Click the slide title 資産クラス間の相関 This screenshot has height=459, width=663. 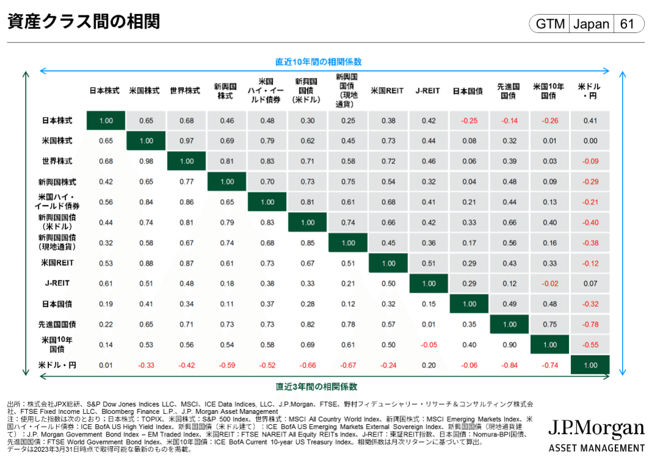coord(84,22)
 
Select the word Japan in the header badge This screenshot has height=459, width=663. coord(591,24)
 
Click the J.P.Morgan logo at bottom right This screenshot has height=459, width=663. coord(596,435)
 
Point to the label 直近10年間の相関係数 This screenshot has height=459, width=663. coord(318,62)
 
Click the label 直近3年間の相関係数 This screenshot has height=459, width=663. coord(316,386)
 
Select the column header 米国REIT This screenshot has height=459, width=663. coord(387,91)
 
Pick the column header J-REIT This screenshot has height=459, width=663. coord(428,91)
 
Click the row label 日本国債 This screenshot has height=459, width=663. coord(57,304)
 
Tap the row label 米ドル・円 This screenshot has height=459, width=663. coord(57,365)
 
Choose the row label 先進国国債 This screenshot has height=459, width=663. coord(57,324)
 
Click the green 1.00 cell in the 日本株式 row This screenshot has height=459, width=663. coord(106,121)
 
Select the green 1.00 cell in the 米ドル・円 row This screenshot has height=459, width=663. coord(590,365)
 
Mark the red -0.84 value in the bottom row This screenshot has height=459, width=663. coord(509,365)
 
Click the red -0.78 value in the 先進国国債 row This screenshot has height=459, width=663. coord(590,324)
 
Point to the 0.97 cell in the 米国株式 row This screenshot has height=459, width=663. coord(187,141)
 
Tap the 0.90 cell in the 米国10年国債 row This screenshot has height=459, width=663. coord(509,345)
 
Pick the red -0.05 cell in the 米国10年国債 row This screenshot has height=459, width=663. coord(429,345)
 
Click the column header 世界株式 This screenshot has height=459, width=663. coord(185,91)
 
